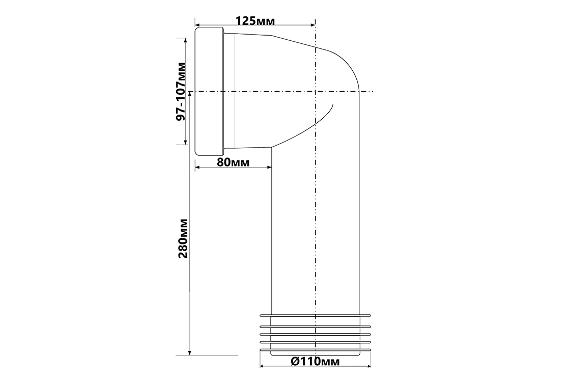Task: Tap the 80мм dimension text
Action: (x=233, y=162)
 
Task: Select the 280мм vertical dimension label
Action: (x=183, y=238)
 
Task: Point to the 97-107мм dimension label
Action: (x=181, y=91)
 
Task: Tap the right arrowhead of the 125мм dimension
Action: (x=312, y=25)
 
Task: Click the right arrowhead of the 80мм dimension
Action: (x=269, y=167)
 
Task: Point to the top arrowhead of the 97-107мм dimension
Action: (x=186, y=41)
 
